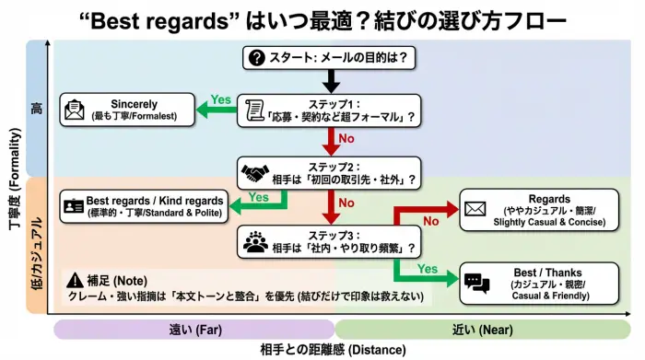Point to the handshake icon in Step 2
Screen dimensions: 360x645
[253, 173]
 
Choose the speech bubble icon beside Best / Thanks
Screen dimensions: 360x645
[476, 283]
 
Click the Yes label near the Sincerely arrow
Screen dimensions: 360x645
[221, 99]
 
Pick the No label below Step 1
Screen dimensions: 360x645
[348, 141]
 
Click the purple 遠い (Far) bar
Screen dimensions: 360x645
[193, 329]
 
